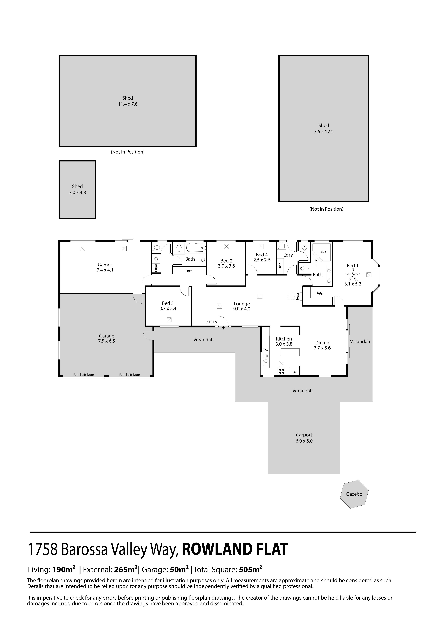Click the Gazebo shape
click(354, 494)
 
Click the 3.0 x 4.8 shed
click(77, 189)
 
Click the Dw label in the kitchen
click(266, 350)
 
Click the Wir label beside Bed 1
click(320, 293)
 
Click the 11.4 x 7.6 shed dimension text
click(128, 104)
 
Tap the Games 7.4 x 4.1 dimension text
click(105, 270)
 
